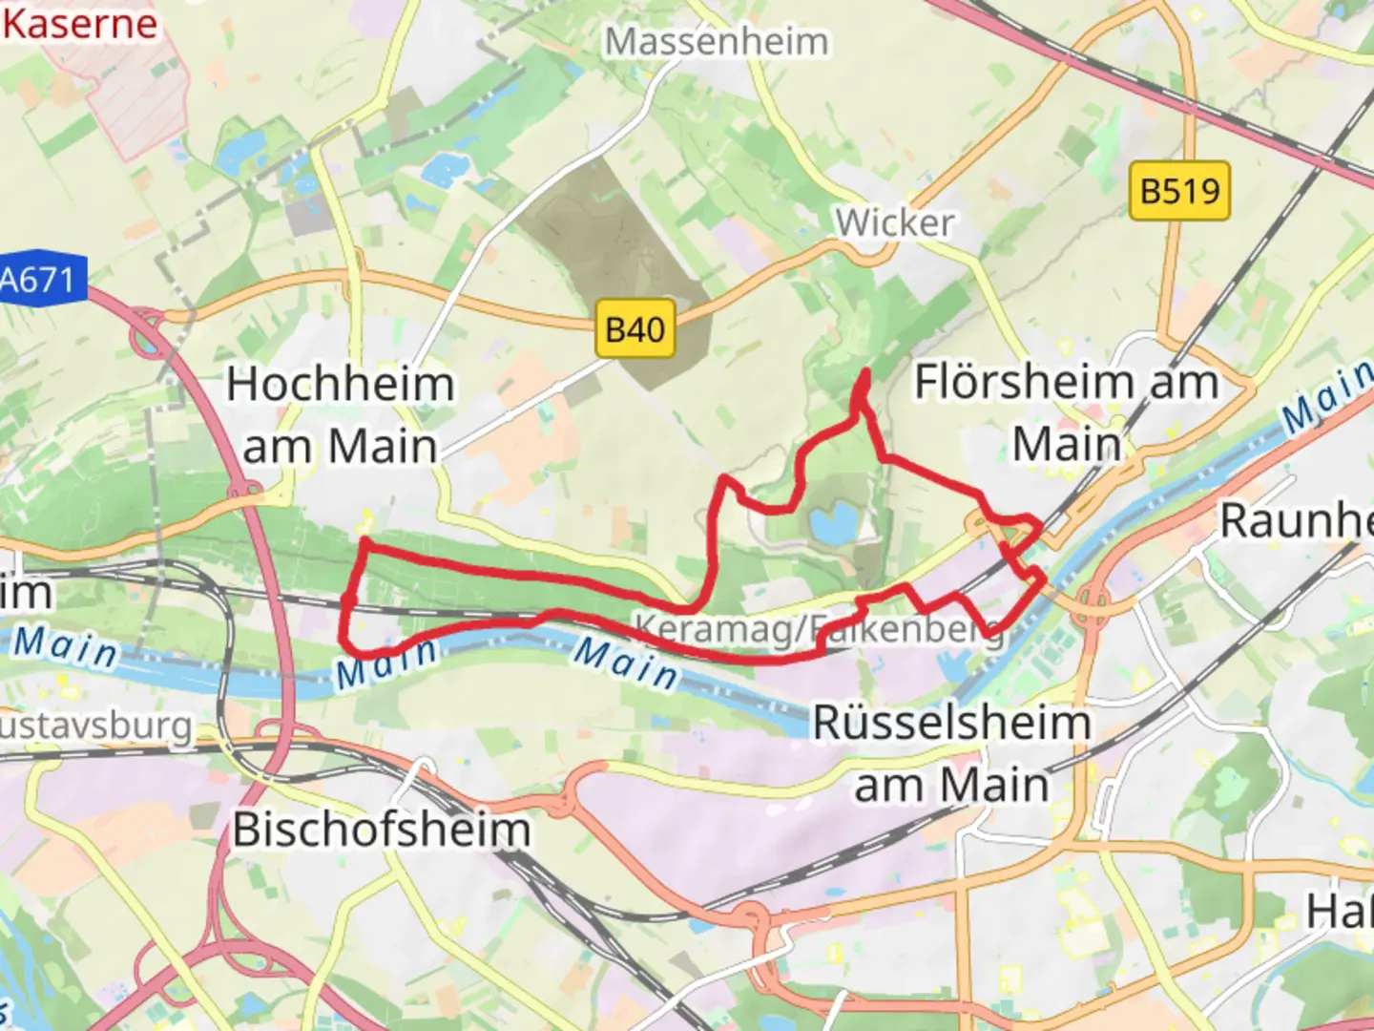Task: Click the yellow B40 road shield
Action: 635,330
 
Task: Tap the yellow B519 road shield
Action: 1179,191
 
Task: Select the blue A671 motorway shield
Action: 39,281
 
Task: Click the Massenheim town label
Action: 717,42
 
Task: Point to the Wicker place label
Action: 894,223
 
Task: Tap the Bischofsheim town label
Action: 382,830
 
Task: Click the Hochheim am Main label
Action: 341,415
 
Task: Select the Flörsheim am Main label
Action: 1067,412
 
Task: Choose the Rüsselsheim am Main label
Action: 951,754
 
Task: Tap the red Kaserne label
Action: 79,23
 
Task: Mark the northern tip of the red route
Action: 864,371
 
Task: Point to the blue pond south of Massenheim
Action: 442,169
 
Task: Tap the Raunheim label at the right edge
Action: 1298,521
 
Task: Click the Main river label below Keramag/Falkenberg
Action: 626,663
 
